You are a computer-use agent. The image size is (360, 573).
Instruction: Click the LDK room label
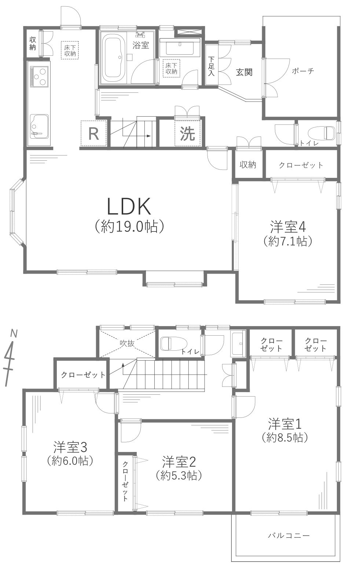pos(129,207)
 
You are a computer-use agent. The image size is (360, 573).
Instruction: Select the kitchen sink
pos(39,125)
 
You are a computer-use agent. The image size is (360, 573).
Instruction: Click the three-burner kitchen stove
pos(39,76)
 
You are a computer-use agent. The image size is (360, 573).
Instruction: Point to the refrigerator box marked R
pos(94,134)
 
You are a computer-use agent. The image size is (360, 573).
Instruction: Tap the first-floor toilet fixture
pos(322,133)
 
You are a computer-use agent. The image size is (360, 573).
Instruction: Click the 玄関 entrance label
pos(244,72)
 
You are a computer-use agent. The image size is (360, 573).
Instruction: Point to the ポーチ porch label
pos(303,72)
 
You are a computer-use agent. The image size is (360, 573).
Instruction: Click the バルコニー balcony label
pos(289,536)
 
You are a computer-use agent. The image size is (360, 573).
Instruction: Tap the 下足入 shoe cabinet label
pos(212,66)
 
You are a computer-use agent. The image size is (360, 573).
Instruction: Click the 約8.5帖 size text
pos(284,437)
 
